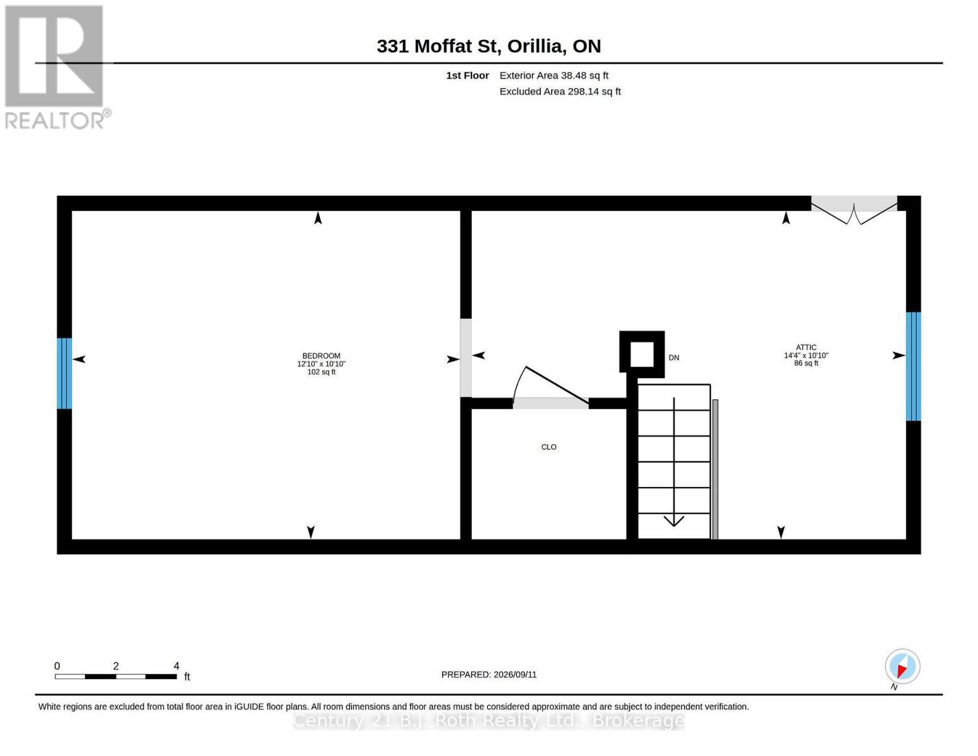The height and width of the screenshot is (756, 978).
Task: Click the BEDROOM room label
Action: coord(321,356)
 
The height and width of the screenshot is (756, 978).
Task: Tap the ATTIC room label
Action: coord(805,347)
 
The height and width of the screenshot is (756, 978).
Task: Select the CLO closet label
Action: coord(549,447)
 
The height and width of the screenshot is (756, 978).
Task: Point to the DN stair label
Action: coord(674,357)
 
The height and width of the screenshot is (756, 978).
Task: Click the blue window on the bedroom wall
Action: coord(64,373)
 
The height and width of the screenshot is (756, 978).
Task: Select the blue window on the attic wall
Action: coord(913,366)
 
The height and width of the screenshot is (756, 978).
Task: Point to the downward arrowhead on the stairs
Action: coord(674,521)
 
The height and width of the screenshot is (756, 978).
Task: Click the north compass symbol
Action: coord(902,667)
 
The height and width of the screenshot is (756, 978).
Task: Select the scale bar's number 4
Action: coord(176,665)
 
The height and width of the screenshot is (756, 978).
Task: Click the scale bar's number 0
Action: coord(57,665)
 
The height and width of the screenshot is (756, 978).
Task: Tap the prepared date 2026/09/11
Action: coord(515,675)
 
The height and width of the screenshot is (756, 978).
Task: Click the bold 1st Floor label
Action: coord(467,76)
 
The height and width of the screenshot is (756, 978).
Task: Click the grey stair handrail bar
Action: coord(715,469)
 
